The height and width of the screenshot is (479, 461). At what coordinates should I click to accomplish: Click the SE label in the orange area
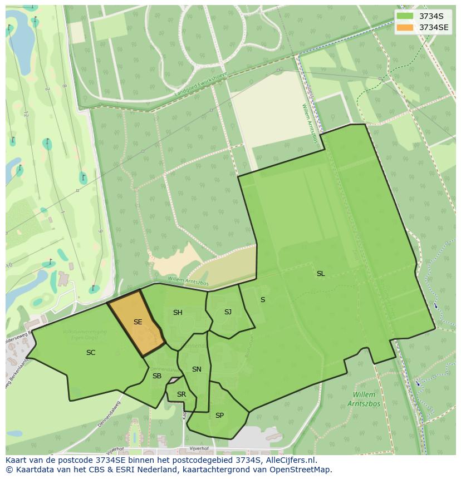tap(138, 322)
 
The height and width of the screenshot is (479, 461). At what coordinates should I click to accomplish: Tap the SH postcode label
tap(178, 313)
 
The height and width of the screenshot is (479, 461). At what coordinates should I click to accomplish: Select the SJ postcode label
tap(228, 312)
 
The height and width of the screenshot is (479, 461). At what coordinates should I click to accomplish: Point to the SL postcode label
tap(321, 274)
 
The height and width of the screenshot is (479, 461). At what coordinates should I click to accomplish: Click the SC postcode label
tap(91, 353)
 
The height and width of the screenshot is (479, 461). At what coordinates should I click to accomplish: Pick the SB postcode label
tap(157, 376)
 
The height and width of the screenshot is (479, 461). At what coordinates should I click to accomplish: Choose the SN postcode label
tap(197, 369)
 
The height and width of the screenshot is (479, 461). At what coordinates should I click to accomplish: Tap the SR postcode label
tap(182, 394)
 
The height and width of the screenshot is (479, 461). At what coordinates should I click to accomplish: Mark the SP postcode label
tap(219, 416)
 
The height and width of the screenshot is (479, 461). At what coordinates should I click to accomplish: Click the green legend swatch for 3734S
tap(405, 16)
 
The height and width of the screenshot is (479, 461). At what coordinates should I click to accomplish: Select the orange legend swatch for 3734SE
tap(405, 27)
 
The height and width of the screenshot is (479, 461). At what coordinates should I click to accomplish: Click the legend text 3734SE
tap(434, 27)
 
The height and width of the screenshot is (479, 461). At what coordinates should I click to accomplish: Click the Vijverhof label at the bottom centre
tap(199, 448)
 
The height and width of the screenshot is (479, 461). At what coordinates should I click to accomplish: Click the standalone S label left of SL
tap(263, 300)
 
